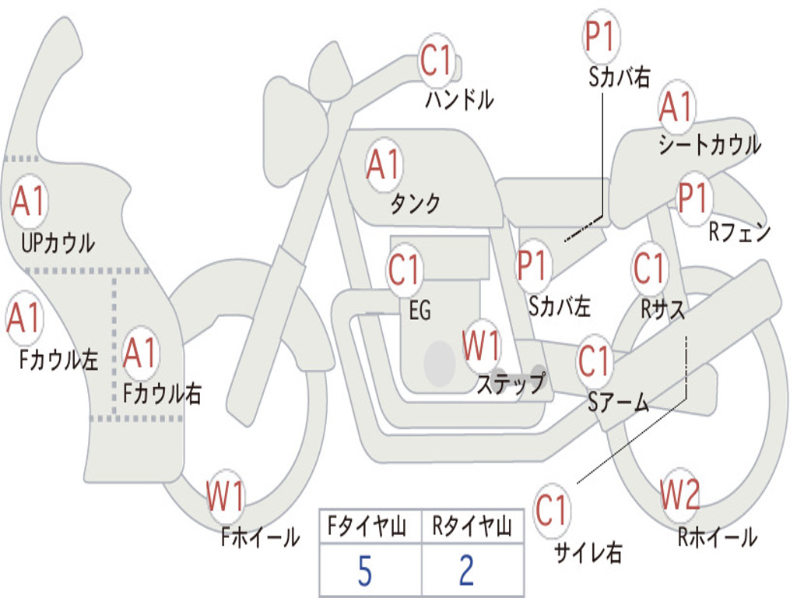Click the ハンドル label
tap(459, 99)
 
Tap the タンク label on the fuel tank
tap(415, 203)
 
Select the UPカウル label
tap(58, 243)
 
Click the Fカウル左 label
tap(58, 360)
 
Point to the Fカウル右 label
tap(162, 393)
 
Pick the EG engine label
tap(420, 310)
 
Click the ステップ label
tap(511, 383)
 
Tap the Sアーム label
tap(619, 403)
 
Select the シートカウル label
tap(710, 144)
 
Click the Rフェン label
tap(739, 232)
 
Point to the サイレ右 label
tap(588, 552)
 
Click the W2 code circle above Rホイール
tap(679, 494)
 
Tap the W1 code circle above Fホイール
tap(225, 495)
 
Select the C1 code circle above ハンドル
tap(436, 60)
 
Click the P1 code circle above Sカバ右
tap(602, 36)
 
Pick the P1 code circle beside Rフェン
tap(693, 198)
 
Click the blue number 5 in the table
tap(365, 571)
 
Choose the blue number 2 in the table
tap(467, 571)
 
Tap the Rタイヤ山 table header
tap(472, 526)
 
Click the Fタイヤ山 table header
tap(367, 526)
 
